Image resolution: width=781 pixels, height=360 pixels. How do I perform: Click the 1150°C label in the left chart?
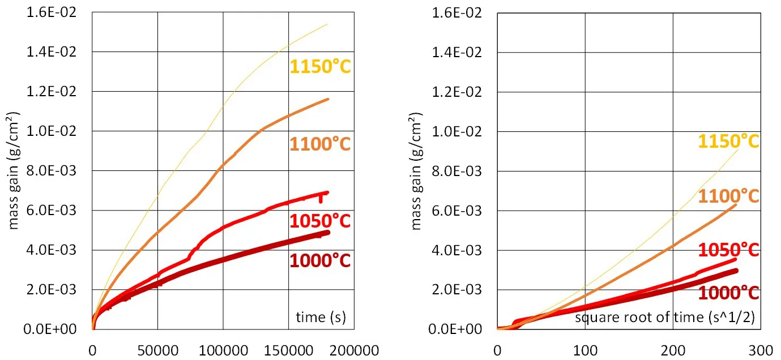pos(320,67)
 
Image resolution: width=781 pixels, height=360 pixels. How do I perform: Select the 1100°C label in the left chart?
pos(320,144)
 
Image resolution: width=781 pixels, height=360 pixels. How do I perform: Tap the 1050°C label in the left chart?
pos(320,221)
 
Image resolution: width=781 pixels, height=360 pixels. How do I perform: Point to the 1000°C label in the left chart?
pos(320,261)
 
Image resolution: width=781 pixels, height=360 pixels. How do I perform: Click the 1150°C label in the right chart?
pos(728,141)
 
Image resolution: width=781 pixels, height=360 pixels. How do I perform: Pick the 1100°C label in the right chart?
pos(728,196)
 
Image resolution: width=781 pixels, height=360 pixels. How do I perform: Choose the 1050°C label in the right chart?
pos(728,250)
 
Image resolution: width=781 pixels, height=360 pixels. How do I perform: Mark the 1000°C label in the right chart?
pos(728,293)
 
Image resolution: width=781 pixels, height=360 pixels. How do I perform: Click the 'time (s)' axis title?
pos(321,317)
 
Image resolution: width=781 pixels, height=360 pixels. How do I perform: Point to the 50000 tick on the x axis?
pos(157,349)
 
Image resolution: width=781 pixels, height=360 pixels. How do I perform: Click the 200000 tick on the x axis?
pos(354,349)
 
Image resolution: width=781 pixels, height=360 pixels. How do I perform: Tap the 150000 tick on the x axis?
pos(289,349)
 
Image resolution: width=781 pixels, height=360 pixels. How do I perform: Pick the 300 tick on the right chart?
pos(761,349)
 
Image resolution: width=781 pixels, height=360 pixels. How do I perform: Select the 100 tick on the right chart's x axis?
pos(585,349)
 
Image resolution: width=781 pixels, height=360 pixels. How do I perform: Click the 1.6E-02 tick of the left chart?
pos(51,12)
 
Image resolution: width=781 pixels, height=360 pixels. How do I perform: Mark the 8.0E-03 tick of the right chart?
pos(456,171)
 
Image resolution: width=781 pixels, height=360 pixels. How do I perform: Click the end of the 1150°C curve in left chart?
pos(328,24)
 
